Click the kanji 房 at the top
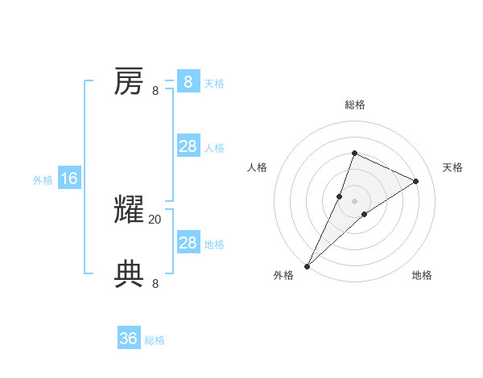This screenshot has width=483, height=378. click(x=129, y=81)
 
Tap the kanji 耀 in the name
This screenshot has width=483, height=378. click(x=129, y=210)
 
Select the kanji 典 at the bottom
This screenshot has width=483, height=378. click(x=129, y=274)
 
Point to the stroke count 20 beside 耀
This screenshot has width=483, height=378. click(x=155, y=219)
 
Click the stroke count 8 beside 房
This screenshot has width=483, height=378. click(x=155, y=90)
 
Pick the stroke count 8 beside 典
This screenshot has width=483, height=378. click(x=155, y=283)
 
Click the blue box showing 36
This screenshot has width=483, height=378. click(x=129, y=339)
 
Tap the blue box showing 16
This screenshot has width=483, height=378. click(x=69, y=179)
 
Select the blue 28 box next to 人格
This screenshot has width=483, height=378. click(x=188, y=146)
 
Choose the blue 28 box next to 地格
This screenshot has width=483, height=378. click(x=188, y=243)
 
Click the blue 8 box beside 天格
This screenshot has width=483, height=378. click(x=188, y=82)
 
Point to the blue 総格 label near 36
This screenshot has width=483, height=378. click(x=155, y=340)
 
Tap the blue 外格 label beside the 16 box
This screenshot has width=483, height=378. click(x=43, y=180)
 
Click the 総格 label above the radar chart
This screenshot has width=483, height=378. click(x=355, y=105)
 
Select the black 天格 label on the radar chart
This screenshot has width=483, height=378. click(x=452, y=167)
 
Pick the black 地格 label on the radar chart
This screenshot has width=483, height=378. click(x=422, y=275)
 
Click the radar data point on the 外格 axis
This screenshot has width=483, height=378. click(x=308, y=266)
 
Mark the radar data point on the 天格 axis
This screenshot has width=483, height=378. click(x=416, y=181)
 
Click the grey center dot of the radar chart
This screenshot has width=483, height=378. click(x=355, y=201)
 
